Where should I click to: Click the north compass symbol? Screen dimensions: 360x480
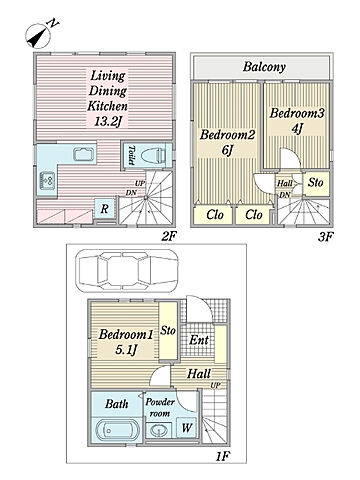point(41,34)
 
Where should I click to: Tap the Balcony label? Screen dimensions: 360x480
point(264,67)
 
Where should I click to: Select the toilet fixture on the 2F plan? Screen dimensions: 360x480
point(153,155)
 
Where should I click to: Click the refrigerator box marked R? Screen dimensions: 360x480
point(104,209)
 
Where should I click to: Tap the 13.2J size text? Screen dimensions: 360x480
point(106,122)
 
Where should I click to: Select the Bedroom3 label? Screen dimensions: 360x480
point(297,113)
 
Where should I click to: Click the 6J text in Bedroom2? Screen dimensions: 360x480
point(227,150)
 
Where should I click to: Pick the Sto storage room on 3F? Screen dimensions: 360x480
point(316,183)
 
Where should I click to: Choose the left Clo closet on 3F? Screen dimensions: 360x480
point(214,215)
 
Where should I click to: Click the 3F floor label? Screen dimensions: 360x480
point(325,237)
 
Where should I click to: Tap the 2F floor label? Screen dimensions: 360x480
point(169,237)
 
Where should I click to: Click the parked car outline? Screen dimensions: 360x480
point(126,270)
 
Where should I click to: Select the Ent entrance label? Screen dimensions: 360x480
point(199,340)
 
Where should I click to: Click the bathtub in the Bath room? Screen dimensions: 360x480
point(116,431)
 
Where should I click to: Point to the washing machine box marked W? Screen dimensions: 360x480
point(187,428)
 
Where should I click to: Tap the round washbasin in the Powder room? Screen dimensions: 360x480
point(158,430)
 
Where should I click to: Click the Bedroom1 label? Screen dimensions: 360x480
point(126,334)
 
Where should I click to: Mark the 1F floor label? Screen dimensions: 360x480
point(222,456)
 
